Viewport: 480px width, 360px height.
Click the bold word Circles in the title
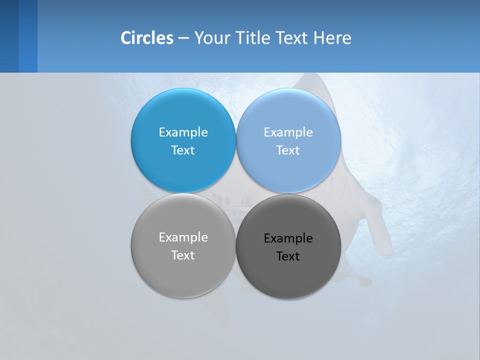click(147, 38)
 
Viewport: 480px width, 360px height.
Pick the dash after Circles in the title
click(183, 38)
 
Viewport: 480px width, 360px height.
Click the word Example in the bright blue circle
click(183, 132)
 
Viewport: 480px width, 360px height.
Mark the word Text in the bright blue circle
click(183, 150)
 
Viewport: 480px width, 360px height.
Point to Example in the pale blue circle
click(288, 132)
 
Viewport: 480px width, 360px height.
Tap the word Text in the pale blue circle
click(288, 150)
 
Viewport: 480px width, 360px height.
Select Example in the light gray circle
click(183, 237)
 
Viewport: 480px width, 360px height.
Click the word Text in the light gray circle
click(183, 255)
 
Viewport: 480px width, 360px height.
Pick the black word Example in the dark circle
click(288, 238)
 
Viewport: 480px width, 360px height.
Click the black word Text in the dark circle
click(288, 256)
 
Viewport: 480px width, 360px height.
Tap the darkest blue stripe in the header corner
click(9, 36)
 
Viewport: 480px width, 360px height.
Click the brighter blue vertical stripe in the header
click(28, 36)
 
